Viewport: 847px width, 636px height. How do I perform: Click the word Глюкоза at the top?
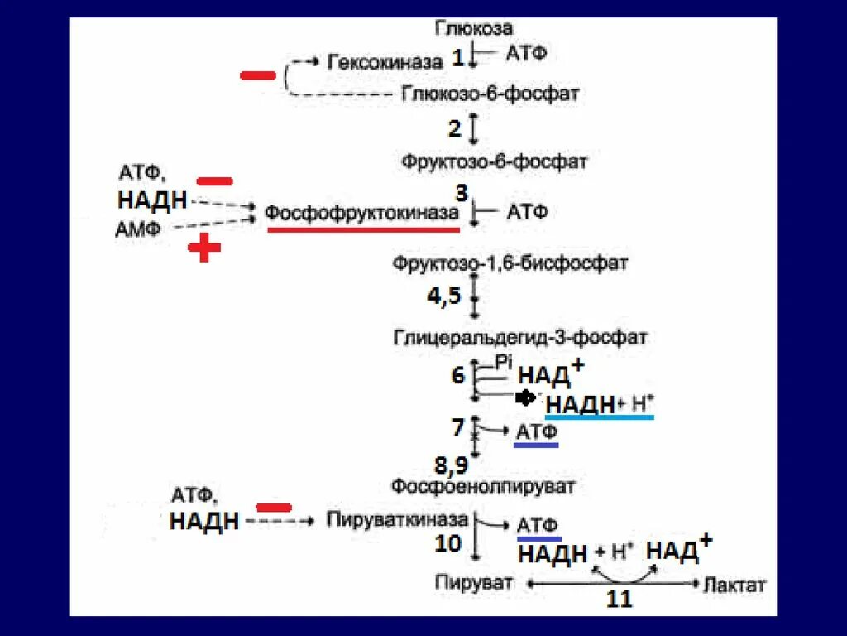coord(474,29)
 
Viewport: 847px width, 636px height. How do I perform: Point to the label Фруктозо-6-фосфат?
coord(495,161)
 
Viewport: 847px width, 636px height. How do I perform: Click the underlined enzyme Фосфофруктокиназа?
coord(361,213)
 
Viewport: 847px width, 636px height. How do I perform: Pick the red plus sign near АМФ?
coord(203,247)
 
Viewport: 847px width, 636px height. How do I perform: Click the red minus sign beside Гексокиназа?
coord(258,75)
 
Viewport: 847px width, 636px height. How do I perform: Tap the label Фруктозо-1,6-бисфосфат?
coord(510,264)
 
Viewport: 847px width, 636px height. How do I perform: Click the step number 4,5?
coord(443,296)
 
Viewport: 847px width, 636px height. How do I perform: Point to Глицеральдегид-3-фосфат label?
coord(520,337)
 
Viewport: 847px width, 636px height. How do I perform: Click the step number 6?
coord(457,375)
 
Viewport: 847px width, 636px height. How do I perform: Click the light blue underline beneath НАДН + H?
coord(601,417)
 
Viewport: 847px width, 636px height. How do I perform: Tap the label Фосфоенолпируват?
coord(483,487)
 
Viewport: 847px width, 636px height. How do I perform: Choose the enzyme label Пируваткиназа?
coord(398,520)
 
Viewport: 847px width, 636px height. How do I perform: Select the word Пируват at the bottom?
coord(474,582)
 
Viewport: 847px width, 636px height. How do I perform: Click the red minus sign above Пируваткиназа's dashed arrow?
coord(274,507)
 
